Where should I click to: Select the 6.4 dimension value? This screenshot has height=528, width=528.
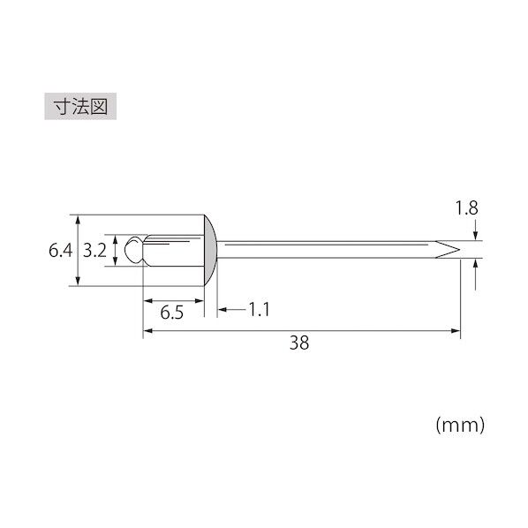point(60,251)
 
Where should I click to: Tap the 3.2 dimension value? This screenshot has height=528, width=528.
point(94,251)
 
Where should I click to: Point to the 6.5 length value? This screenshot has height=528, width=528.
point(172,312)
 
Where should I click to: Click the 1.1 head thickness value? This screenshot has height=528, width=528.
point(259,310)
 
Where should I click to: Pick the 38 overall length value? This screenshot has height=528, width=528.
point(299,343)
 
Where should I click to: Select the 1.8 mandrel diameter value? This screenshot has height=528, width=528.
point(466,208)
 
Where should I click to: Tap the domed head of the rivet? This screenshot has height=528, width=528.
point(210,250)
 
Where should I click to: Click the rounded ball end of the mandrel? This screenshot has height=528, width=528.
point(133,250)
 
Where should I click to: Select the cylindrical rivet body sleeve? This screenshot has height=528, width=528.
point(173,250)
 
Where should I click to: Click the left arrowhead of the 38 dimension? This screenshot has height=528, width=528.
point(147,331)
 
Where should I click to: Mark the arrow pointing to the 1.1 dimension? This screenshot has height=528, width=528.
point(223,310)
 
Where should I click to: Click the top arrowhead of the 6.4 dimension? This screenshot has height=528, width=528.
point(79,220)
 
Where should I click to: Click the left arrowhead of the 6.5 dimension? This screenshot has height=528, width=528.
point(147,299)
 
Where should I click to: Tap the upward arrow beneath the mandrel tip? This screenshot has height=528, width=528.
point(476,264)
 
